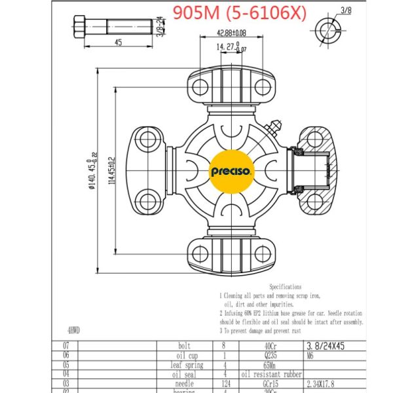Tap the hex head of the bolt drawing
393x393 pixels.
click(77, 29)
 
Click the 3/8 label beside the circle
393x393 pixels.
click(346, 10)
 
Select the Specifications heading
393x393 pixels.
click(285, 287)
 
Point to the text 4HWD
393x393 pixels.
click(73, 331)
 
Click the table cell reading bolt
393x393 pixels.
click(185, 345)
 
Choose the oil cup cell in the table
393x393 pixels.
click(185, 354)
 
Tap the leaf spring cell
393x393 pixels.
click(185, 364)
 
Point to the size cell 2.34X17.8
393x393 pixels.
click(326, 384)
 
